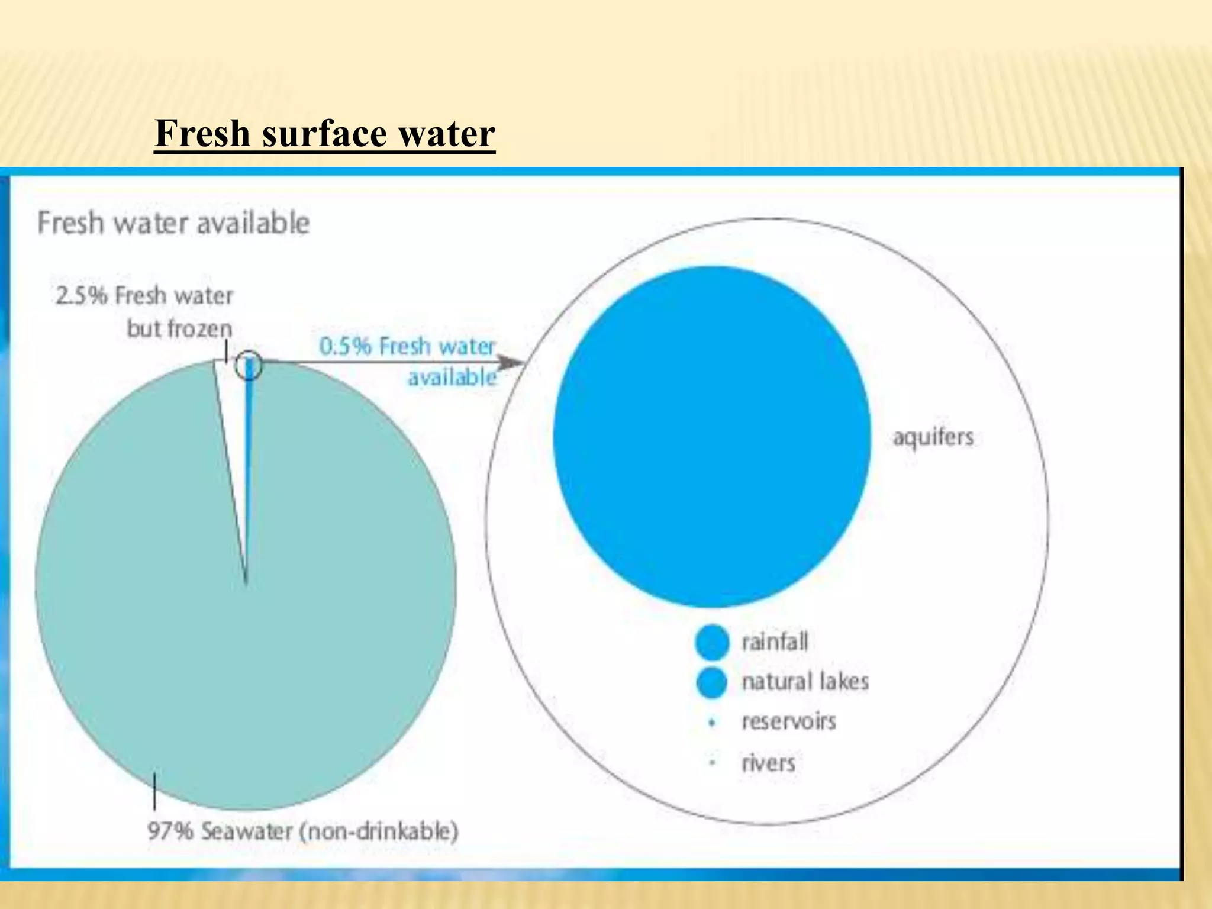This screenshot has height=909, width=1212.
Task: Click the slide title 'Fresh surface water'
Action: [324, 134]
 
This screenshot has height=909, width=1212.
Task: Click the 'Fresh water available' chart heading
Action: [173, 223]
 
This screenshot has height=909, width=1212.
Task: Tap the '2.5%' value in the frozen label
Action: [81, 295]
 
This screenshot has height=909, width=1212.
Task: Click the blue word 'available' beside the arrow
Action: [452, 377]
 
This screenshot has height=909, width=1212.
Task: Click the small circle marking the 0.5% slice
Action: [248, 366]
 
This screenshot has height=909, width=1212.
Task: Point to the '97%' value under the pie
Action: [170, 831]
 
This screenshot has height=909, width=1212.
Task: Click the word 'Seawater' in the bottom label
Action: [247, 831]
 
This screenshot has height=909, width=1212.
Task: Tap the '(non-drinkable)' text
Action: [379, 831]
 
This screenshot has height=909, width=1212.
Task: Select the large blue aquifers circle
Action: [712, 437]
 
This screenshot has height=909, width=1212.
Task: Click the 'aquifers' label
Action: [933, 437]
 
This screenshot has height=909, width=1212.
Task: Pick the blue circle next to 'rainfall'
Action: [712, 642]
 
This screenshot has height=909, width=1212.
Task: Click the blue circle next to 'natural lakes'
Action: [712, 682]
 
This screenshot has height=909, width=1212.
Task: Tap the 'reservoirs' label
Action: [789, 721]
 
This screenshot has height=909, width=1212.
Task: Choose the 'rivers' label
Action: [768, 763]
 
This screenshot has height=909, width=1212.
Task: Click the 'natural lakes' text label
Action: [805, 682]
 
